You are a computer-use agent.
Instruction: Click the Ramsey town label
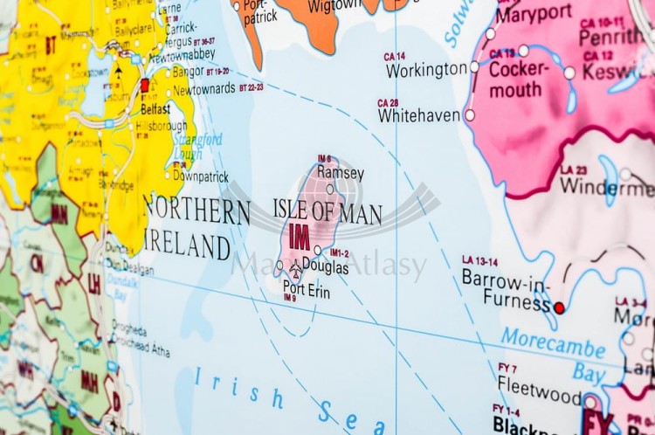(x=341, y=173)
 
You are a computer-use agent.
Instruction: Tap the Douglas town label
(x=325, y=268)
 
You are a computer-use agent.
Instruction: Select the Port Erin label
(x=307, y=289)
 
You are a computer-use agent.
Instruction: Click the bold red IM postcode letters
(x=300, y=237)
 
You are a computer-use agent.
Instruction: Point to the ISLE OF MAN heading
(x=327, y=211)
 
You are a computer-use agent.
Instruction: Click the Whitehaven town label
(x=419, y=115)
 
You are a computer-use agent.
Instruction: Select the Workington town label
(x=427, y=70)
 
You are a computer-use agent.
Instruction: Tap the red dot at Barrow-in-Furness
(x=559, y=307)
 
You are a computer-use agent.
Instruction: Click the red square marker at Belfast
(x=145, y=85)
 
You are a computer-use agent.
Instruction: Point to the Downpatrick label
(x=200, y=175)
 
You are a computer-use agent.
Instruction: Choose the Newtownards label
(x=203, y=89)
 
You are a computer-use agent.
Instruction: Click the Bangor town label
(x=189, y=71)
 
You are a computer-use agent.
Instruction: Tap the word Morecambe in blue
(x=553, y=343)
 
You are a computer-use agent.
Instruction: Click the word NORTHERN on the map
(x=196, y=211)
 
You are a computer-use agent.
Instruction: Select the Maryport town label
(x=535, y=15)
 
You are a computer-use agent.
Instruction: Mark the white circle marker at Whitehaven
(x=470, y=115)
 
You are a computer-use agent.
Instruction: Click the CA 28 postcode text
(x=388, y=103)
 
